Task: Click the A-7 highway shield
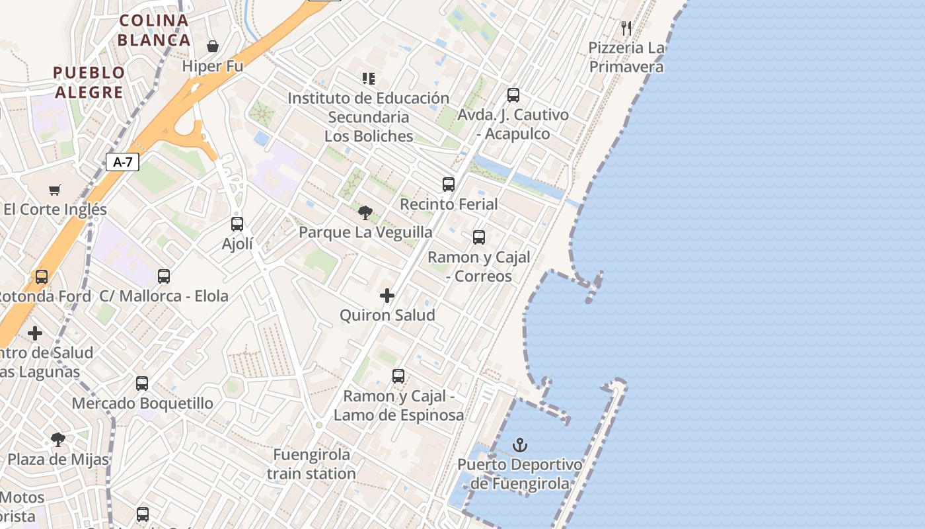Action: (x=122, y=162)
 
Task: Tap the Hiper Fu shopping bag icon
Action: (x=213, y=46)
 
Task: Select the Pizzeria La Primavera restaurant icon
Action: (x=626, y=28)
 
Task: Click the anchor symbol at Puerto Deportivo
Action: (x=520, y=444)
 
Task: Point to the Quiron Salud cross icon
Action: (x=387, y=296)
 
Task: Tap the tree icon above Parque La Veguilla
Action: (x=365, y=213)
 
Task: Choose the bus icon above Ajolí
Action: (x=237, y=224)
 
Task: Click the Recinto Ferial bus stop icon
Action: (x=449, y=184)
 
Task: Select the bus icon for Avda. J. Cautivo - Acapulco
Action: (x=513, y=95)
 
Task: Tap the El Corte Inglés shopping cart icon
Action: (x=55, y=190)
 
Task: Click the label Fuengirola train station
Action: (x=312, y=464)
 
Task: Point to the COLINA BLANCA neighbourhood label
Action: (x=154, y=30)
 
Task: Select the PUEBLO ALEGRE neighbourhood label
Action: (x=89, y=82)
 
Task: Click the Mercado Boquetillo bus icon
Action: (x=142, y=383)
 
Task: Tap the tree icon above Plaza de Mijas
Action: (x=58, y=439)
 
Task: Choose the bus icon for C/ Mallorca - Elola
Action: (x=164, y=276)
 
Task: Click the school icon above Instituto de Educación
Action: (x=369, y=79)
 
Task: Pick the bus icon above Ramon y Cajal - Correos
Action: (x=479, y=237)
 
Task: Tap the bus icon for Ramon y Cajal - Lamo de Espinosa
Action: (x=398, y=376)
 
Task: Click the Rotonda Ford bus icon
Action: (x=42, y=277)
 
